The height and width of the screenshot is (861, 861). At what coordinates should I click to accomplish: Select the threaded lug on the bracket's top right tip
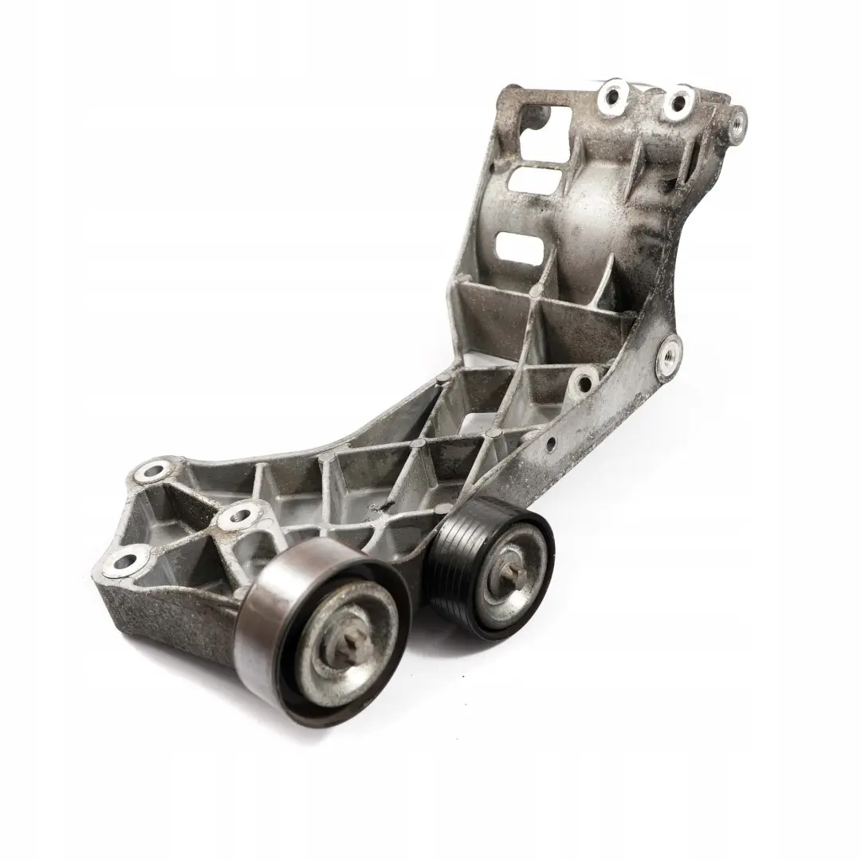[x=738, y=121]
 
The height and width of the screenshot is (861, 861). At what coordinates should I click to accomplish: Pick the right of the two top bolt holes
[x=677, y=100]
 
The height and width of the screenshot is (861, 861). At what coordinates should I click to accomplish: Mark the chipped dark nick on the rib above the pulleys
[x=375, y=505]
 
